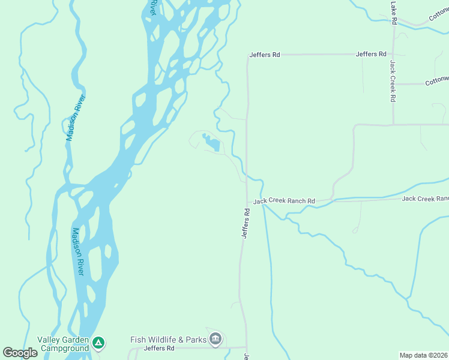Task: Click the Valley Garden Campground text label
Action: [x=63, y=344]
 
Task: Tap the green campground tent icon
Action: [x=100, y=343]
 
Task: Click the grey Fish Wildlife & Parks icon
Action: [x=215, y=340]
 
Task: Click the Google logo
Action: [x=20, y=353]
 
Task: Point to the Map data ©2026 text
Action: [x=424, y=355]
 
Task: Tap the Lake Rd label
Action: [x=394, y=13]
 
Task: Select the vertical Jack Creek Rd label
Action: [x=393, y=81]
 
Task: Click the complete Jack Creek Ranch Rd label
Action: [x=284, y=201]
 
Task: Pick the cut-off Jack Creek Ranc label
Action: [x=425, y=199]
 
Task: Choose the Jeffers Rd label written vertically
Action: [x=246, y=223]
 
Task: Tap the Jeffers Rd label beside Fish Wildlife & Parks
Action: [x=159, y=348]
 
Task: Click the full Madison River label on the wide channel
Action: [x=79, y=251]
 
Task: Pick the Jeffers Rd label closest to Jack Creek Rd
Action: [x=370, y=54]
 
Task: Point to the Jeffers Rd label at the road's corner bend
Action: [x=265, y=55]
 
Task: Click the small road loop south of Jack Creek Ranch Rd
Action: [x=356, y=229]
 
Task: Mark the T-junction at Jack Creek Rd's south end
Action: [x=393, y=125]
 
